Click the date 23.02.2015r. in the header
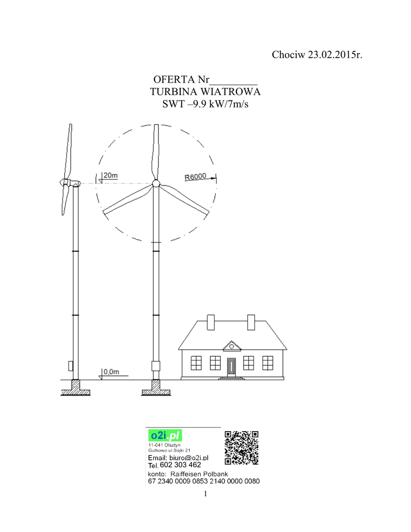[x=335, y=55]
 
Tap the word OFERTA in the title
[x=175, y=79]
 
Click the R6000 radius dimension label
[x=195, y=177]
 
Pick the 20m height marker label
[x=111, y=175]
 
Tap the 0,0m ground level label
[x=111, y=371]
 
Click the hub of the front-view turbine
[x=155, y=183]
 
